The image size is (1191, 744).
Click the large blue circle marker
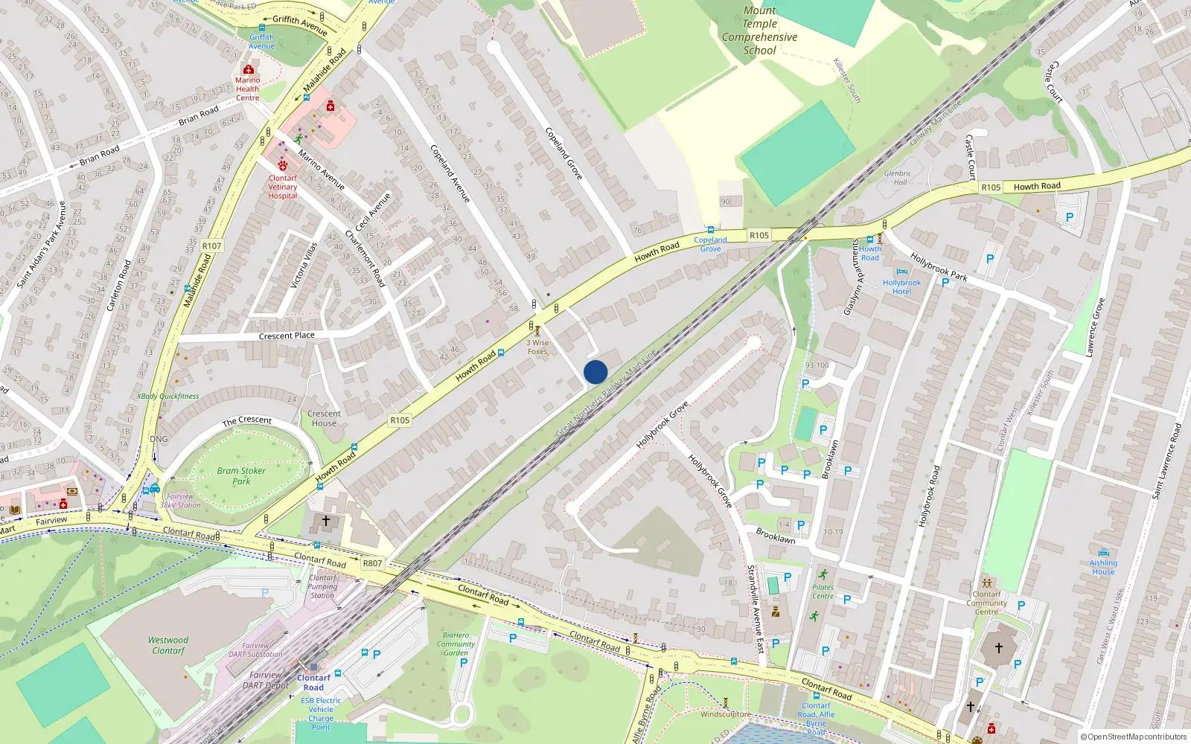point(595,372)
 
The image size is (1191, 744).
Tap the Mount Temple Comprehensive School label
point(759,31)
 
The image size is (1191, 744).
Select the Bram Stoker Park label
point(241,476)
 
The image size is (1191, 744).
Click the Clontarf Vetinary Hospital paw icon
point(283,165)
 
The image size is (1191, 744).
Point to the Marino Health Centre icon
point(249,69)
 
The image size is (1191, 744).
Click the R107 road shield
point(211,246)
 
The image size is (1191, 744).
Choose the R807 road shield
point(372,563)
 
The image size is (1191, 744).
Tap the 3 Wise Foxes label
point(537,347)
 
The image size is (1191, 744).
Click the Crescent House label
point(324,418)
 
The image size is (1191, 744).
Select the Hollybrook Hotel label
point(901,287)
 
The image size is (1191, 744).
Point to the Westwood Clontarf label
point(168,645)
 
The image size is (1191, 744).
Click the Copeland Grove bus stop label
point(710,244)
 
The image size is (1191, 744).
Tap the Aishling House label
point(1103,567)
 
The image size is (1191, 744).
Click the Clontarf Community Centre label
point(986,603)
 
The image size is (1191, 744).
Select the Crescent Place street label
point(287,336)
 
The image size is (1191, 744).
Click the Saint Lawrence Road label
point(1166,461)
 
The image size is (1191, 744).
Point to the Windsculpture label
point(726,714)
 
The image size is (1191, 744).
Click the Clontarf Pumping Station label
point(322,586)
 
